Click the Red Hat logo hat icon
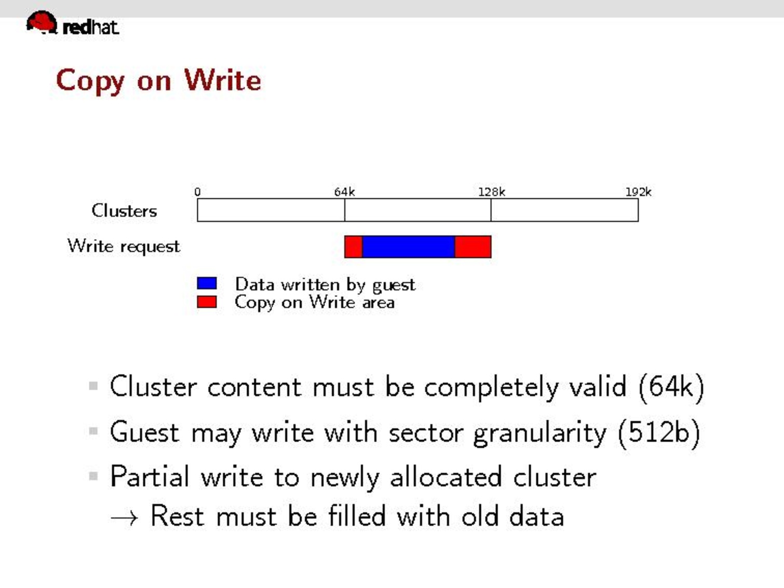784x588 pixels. point(42,22)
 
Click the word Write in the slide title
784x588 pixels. point(223,80)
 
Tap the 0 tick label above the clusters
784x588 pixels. point(197,192)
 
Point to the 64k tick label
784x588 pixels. point(344,192)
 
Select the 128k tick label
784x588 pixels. point(492,192)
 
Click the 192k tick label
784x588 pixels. point(638,192)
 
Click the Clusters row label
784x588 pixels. point(124,211)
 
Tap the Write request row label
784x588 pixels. point(124,247)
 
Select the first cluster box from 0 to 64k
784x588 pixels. point(271,210)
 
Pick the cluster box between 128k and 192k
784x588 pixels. point(565,210)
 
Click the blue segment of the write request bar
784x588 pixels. point(409,247)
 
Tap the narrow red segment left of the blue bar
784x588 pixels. point(354,247)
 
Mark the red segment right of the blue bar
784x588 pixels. point(473,247)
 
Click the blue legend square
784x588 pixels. point(207,283)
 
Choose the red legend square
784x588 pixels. point(207,302)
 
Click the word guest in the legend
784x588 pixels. point(394,286)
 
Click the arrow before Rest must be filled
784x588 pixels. point(124,518)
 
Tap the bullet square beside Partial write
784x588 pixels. point(93,476)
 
